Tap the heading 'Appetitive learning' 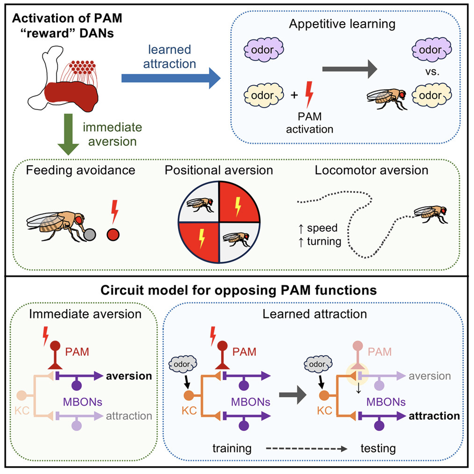point(342,24)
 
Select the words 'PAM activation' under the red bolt point(309,123)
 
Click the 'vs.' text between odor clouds point(432,72)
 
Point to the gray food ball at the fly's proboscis point(90,234)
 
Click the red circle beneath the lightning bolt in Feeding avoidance point(113,235)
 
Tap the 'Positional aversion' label point(219,170)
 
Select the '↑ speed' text point(318,228)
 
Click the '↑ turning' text point(320,242)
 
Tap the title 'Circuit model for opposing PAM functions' point(238,290)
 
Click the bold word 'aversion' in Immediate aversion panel point(129,376)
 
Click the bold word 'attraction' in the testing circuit point(434,416)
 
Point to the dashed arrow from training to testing point(306,449)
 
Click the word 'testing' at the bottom point(378,449)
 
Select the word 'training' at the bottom point(232,449)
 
